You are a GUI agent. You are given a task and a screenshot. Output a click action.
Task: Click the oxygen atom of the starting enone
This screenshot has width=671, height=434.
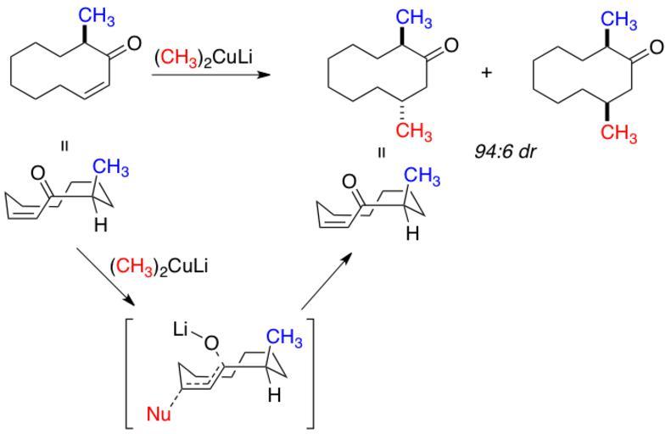coord(133,48)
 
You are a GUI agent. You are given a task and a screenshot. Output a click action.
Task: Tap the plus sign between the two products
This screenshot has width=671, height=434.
coord(486,72)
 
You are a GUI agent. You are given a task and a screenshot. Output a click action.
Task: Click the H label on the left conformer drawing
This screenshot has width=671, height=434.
coord(101,225)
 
